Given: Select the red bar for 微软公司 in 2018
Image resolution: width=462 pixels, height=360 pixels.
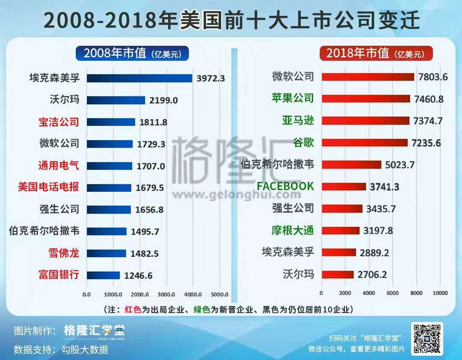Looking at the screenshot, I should (x=367, y=77).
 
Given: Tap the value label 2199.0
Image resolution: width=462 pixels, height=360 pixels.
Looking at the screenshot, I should (x=163, y=100).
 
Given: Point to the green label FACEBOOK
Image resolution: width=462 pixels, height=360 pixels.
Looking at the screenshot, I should (x=285, y=186).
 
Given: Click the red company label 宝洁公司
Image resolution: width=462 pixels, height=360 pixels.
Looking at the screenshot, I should (x=59, y=122).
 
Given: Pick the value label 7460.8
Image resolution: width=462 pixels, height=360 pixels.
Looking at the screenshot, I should (x=429, y=99).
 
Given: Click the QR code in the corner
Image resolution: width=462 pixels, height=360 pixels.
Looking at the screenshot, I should (x=426, y=338).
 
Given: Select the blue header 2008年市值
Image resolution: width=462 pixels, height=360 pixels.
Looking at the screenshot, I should (x=132, y=54).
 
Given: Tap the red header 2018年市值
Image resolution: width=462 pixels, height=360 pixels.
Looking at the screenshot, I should (x=376, y=54).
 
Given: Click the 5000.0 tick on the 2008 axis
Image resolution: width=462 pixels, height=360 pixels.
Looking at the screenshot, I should (x=219, y=294).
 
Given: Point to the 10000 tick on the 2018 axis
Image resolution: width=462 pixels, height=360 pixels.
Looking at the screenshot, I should (x=440, y=293).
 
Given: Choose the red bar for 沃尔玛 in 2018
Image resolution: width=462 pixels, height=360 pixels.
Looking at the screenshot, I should (x=337, y=274).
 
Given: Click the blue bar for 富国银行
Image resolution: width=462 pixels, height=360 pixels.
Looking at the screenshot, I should (x=103, y=275).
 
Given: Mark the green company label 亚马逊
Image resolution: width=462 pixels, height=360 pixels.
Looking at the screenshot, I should (x=298, y=120).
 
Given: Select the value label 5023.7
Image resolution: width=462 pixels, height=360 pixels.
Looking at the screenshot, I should (x=400, y=165).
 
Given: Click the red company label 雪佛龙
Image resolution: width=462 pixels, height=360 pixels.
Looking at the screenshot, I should (x=64, y=253).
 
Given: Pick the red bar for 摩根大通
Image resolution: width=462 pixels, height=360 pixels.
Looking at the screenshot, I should (x=340, y=230).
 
